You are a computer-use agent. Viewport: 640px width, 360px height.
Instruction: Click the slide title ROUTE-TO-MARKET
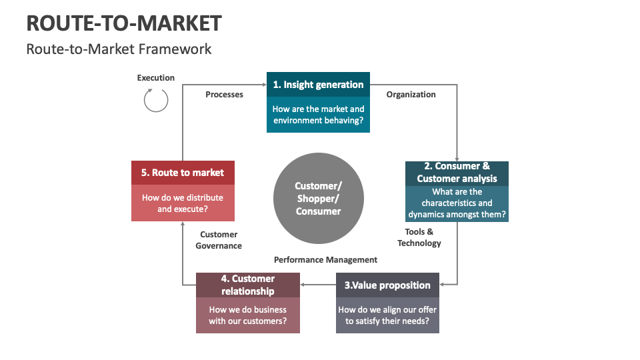[124, 23]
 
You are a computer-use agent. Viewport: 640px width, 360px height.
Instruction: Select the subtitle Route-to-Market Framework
[119, 49]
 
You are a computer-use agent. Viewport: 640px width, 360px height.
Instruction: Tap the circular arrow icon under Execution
[156, 100]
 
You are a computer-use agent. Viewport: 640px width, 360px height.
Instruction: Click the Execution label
[156, 78]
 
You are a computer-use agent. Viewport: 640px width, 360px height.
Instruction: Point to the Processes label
[224, 95]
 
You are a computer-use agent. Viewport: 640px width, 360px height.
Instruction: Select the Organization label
[411, 95]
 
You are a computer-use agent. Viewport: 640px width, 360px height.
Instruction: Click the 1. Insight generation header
[318, 85]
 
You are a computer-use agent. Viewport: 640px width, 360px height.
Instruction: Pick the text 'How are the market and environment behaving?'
[318, 115]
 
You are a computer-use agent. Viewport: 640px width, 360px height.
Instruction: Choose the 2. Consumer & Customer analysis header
[457, 173]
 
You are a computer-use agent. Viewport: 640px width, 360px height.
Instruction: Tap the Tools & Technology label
[419, 237]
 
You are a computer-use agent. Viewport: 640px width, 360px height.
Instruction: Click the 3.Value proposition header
[387, 285]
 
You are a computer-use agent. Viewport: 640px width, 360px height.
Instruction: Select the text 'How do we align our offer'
[387, 310]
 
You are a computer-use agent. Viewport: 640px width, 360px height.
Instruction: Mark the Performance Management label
[325, 260]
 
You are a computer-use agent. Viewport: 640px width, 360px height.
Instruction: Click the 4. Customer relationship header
[247, 285]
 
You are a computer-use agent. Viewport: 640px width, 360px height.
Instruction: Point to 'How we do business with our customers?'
[247, 315]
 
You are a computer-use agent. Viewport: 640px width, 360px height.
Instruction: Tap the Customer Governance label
[219, 240]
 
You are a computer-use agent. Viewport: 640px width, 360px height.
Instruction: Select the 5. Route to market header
[183, 173]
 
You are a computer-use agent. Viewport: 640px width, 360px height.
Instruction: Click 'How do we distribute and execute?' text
[183, 203]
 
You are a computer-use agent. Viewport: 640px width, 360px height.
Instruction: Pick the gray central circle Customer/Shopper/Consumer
[319, 198]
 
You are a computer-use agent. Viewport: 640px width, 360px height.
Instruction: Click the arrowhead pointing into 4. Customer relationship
[303, 285]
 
